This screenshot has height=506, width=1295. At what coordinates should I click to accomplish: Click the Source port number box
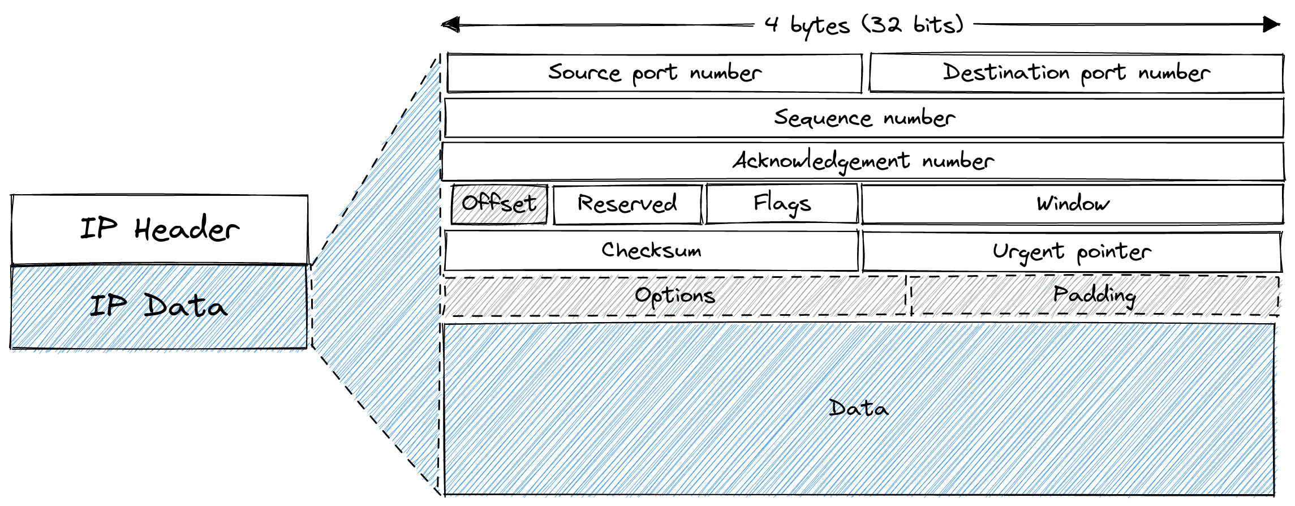(x=654, y=73)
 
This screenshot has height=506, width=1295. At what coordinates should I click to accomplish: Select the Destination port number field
(x=1076, y=73)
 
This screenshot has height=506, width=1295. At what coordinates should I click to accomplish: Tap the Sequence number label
(x=864, y=118)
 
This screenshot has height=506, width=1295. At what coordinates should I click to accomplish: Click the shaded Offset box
(x=499, y=204)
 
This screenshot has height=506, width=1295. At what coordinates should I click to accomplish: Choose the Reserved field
(x=627, y=204)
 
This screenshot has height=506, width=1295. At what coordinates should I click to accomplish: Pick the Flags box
(x=782, y=203)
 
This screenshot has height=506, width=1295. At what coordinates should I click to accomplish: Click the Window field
(x=1072, y=204)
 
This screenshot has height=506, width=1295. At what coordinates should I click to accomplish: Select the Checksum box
(x=651, y=250)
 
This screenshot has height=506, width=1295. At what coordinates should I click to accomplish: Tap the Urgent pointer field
(x=1071, y=252)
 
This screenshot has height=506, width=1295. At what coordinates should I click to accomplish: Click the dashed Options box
(x=674, y=295)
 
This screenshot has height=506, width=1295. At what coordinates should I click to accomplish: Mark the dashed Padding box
(x=1094, y=295)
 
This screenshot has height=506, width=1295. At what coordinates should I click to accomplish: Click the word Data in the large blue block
(x=858, y=408)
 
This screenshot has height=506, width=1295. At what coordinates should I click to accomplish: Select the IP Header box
(x=160, y=229)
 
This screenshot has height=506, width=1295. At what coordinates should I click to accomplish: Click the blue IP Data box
(x=158, y=306)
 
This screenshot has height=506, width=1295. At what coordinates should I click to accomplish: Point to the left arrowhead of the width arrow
(x=450, y=25)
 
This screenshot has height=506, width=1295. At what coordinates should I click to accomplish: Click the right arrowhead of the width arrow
(x=1271, y=24)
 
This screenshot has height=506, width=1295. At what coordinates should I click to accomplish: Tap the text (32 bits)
(x=913, y=25)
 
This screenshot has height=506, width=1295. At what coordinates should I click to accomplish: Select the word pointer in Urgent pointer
(x=1113, y=252)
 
